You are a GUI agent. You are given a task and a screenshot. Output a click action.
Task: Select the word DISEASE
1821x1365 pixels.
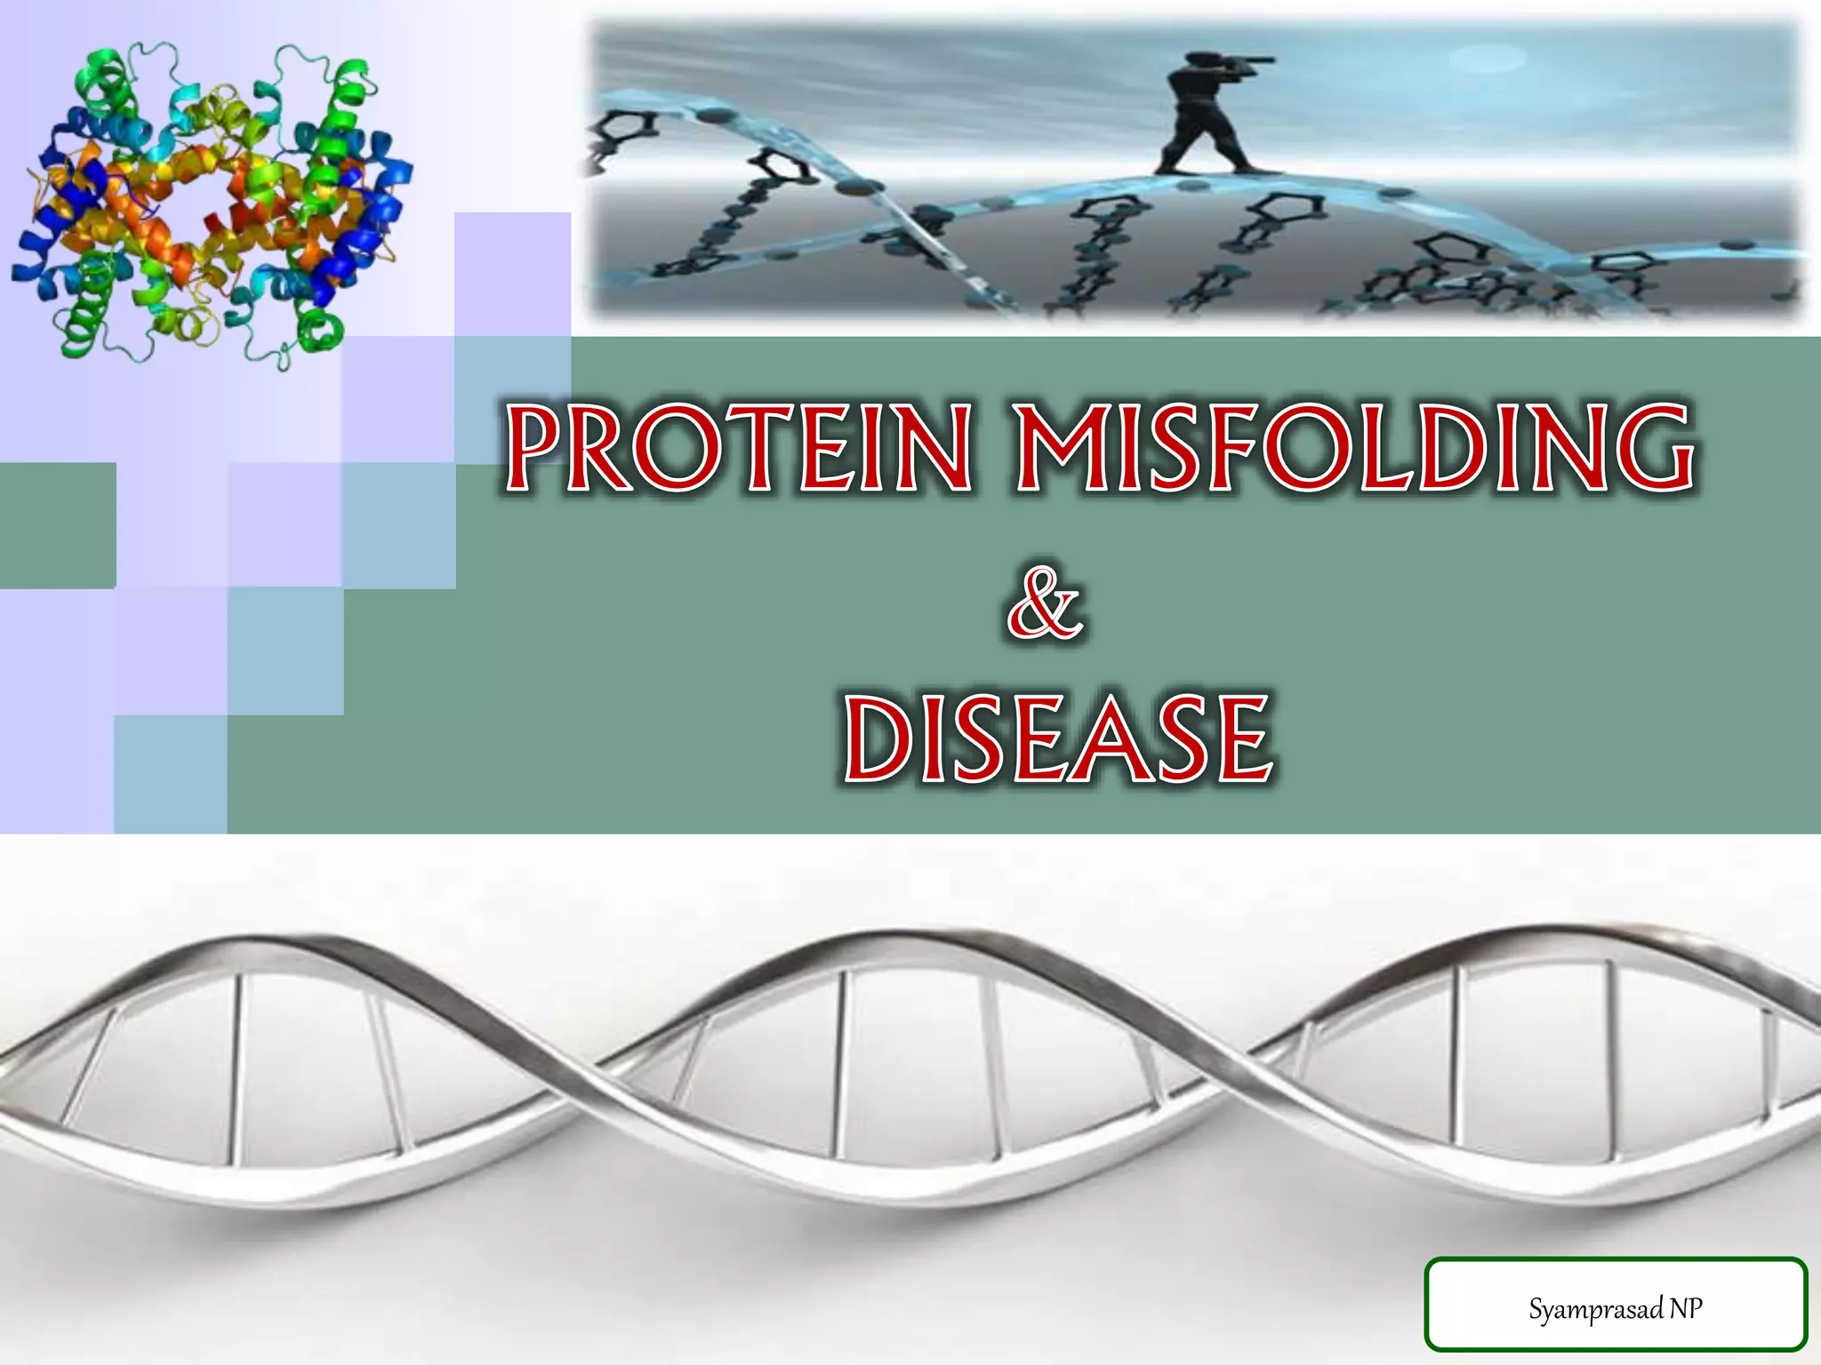1058,739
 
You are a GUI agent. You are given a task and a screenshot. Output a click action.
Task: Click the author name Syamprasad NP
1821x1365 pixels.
1615,1308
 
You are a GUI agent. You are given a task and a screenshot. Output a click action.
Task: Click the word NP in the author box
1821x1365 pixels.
1685,1307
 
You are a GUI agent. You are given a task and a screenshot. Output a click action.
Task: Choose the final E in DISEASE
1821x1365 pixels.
1239,740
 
